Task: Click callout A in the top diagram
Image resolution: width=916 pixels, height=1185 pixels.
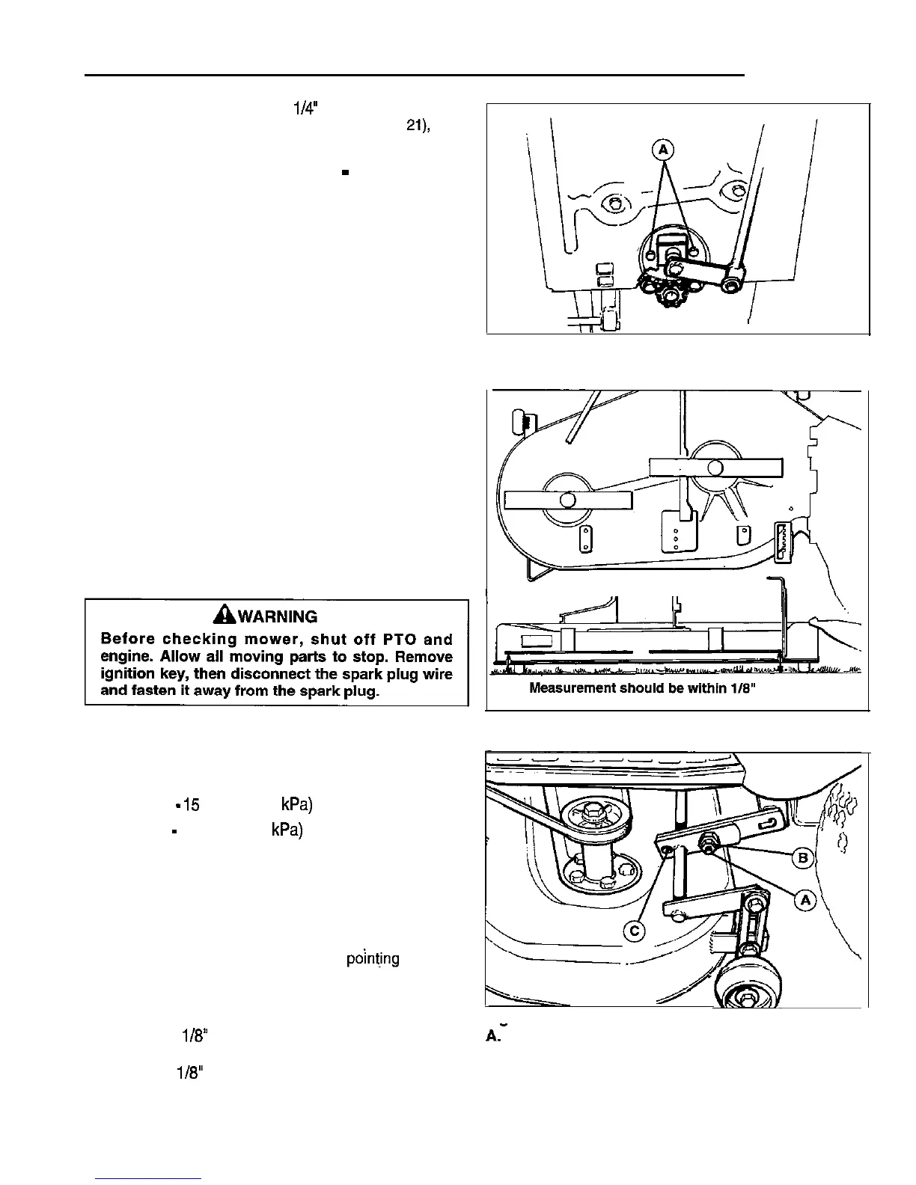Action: coord(662,150)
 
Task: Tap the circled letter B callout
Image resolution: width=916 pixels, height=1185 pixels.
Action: coord(804,857)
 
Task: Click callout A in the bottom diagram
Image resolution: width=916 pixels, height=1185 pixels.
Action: coord(805,901)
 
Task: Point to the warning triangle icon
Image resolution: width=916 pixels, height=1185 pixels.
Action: coord(222,616)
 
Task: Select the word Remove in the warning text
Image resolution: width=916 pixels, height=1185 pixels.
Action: coord(424,657)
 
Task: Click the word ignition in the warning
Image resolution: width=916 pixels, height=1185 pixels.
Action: coord(126,674)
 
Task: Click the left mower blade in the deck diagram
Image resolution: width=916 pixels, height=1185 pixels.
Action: coord(568,500)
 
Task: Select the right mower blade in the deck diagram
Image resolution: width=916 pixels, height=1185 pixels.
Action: coord(715,468)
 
